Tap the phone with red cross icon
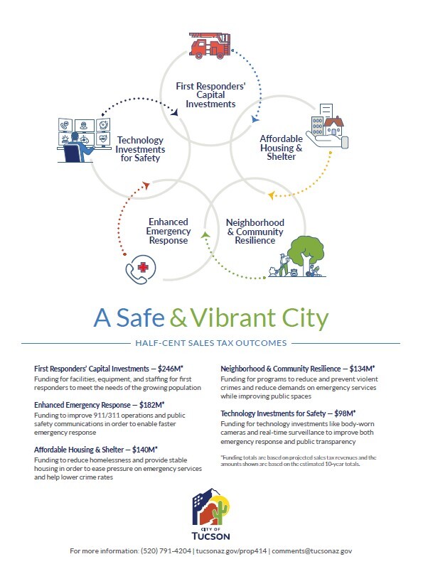coord(139,270)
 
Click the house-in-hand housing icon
coord(327,129)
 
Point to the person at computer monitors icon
coord(83,140)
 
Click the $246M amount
coord(186,369)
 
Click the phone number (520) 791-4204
coord(168,551)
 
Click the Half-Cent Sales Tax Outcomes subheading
coord(210,343)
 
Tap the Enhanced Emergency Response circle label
coord(168,231)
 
